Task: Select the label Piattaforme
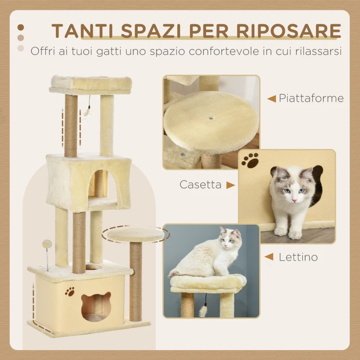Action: coord(311,98)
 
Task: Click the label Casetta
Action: coord(200,184)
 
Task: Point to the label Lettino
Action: coord(298,257)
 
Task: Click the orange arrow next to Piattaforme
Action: coord(271,99)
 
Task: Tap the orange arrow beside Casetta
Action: coord(230,185)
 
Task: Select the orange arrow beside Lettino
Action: coord(269,257)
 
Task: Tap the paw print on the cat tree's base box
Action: coord(70,292)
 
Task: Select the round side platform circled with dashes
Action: coord(135,234)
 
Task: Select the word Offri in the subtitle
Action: coord(41,51)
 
